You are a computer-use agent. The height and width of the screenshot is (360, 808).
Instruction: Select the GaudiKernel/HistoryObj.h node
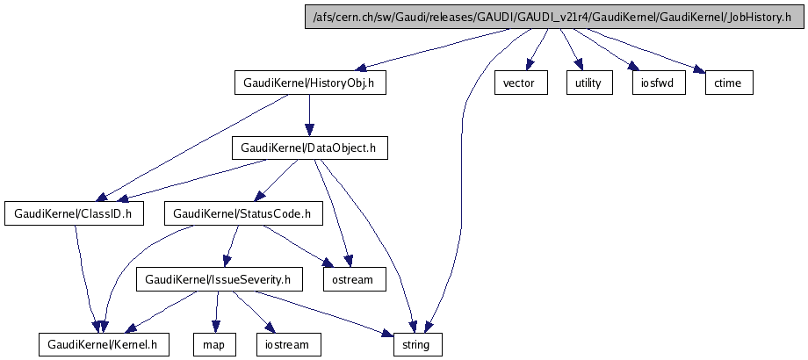tap(310, 83)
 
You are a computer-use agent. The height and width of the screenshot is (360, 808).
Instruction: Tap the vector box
tap(520, 83)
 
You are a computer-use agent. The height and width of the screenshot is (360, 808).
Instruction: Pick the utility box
tap(588, 83)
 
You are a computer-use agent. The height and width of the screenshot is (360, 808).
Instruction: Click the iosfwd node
tap(658, 83)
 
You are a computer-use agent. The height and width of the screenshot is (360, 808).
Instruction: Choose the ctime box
tap(729, 83)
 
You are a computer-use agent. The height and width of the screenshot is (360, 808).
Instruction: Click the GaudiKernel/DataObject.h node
tap(308, 148)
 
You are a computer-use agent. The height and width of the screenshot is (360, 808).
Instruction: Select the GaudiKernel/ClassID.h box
tap(74, 213)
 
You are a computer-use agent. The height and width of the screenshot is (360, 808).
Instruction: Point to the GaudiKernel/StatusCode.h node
tap(242, 213)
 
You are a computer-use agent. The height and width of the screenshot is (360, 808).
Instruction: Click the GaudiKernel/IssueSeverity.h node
tap(219, 279)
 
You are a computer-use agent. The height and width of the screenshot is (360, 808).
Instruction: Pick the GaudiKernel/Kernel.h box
tap(103, 344)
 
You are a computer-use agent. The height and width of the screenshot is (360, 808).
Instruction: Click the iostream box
tap(288, 344)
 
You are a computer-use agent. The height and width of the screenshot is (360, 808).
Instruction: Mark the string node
tap(415, 344)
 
